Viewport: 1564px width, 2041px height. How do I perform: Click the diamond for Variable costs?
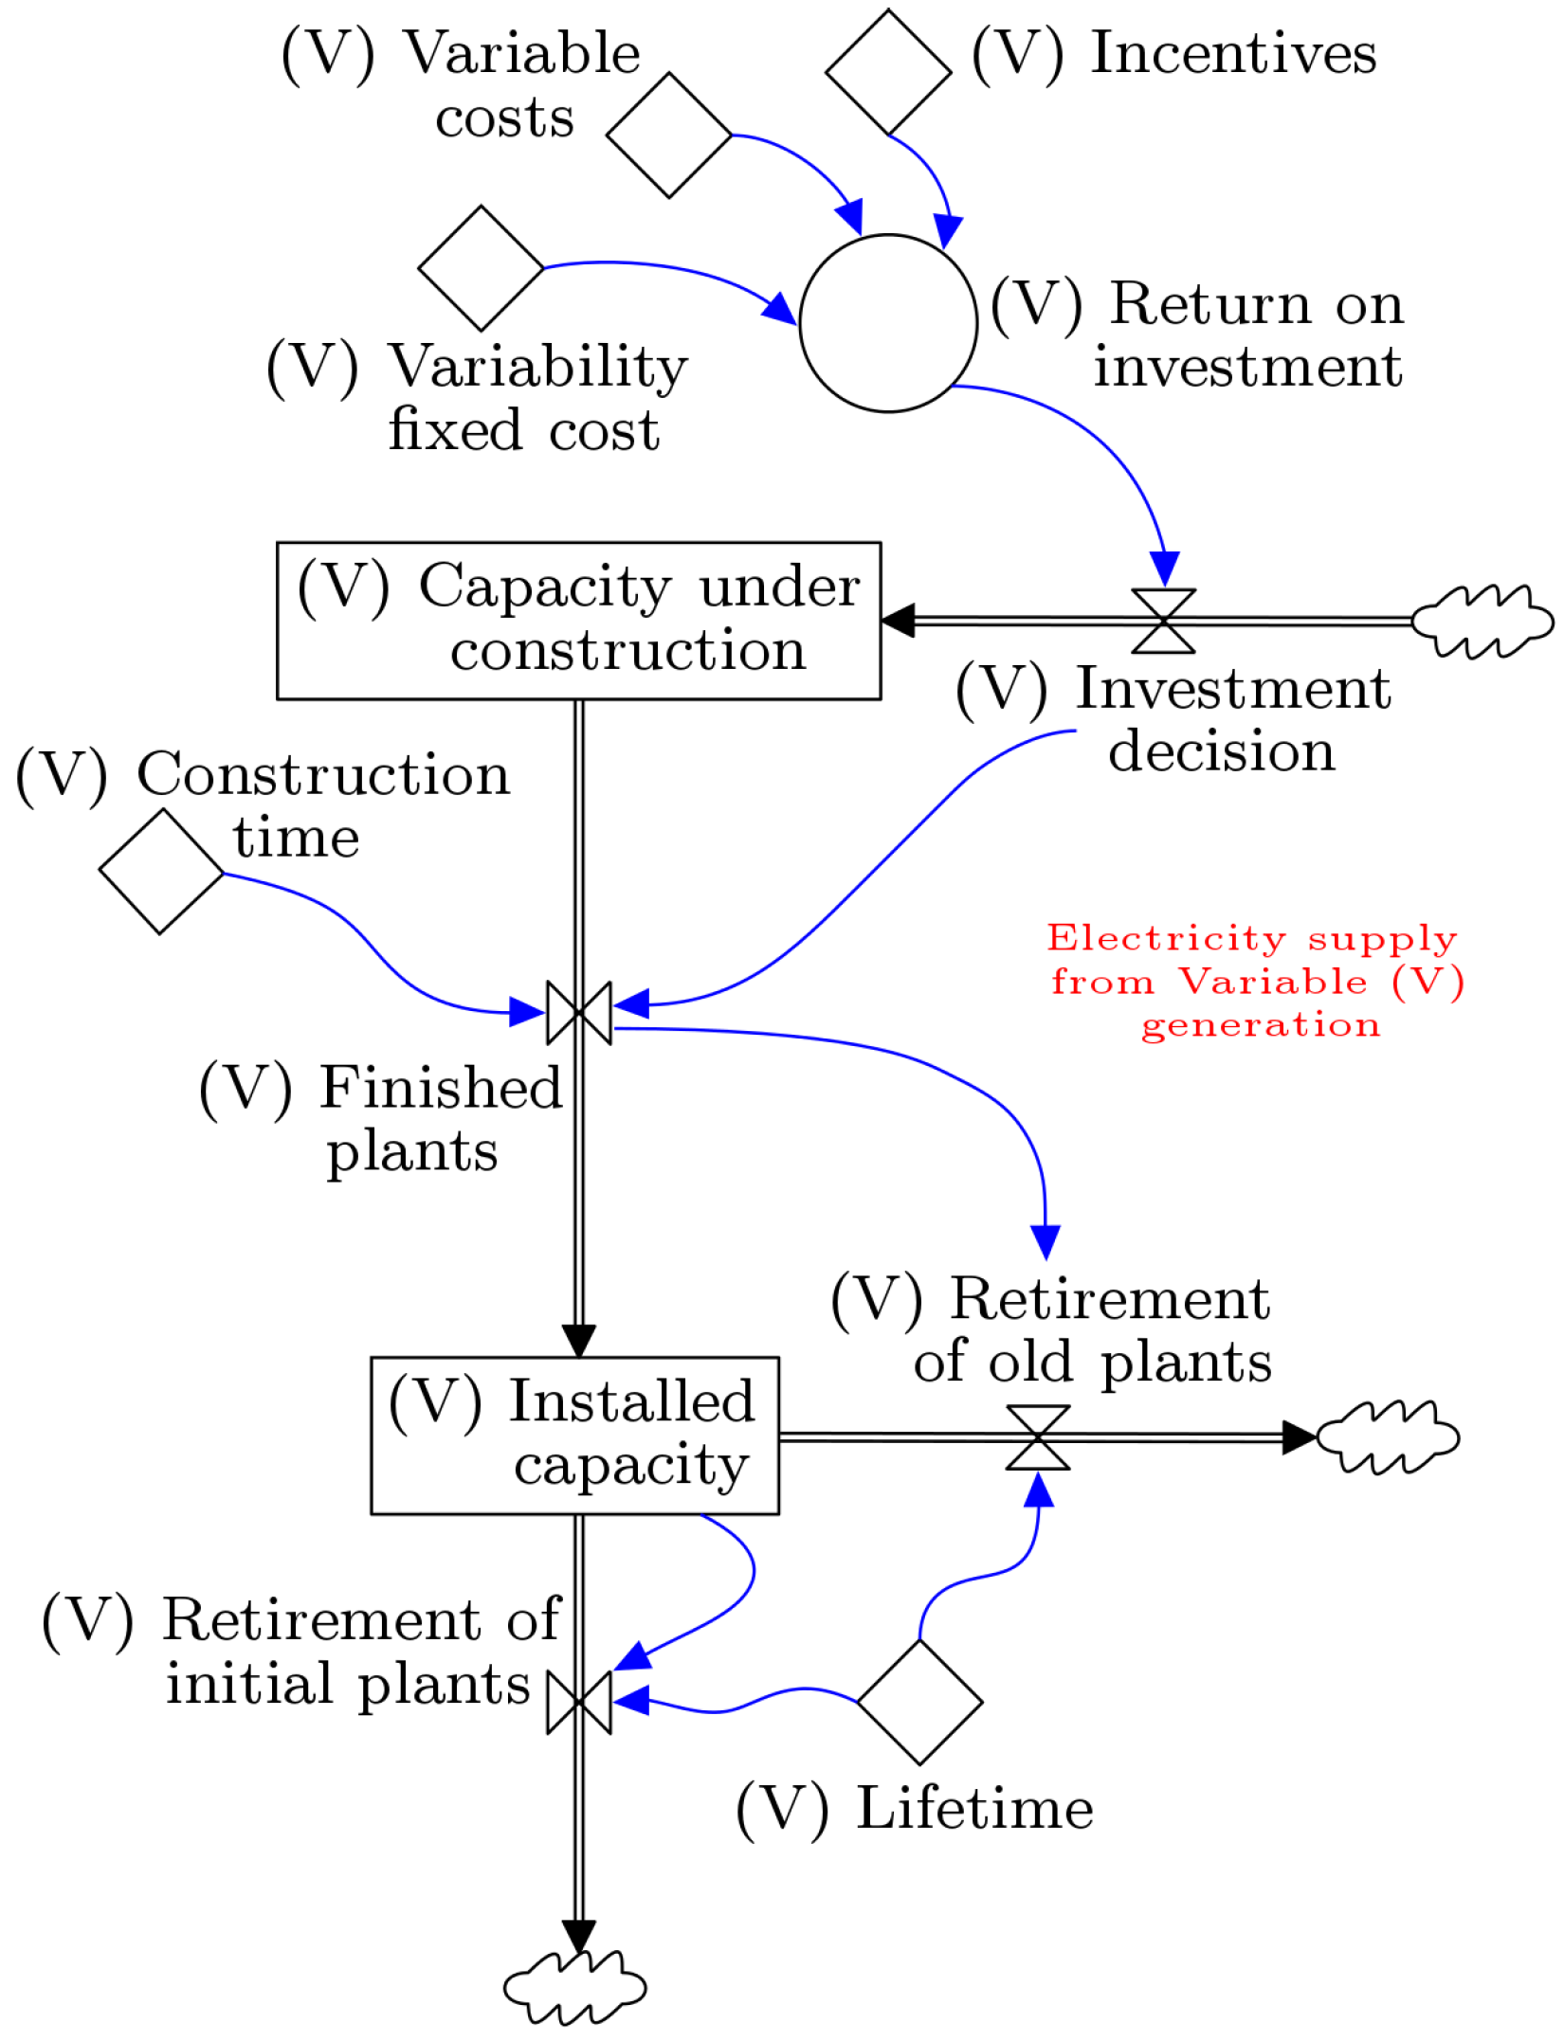click(x=668, y=135)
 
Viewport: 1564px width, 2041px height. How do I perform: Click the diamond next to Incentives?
click(x=888, y=72)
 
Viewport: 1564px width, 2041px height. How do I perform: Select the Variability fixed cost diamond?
click(x=481, y=268)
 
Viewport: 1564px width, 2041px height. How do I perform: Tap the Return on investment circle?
click(x=888, y=323)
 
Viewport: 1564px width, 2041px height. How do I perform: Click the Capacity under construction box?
click(x=578, y=621)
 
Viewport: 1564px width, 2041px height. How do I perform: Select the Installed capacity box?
click(x=574, y=1436)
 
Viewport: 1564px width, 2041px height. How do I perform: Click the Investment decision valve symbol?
click(x=1163, y=622)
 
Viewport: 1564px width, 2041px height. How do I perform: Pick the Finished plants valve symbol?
click(x=579, y=1013)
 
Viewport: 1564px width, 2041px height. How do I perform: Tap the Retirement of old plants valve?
click(x=1038, y=1437)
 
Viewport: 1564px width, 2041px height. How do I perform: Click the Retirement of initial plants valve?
click(x=579, y=1703)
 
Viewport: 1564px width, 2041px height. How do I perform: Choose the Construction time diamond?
click(x=161, y=872)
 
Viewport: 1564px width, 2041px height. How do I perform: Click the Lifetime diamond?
click(x=919, y=1702)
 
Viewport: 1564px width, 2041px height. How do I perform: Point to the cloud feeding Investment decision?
click(x=1482, y=622)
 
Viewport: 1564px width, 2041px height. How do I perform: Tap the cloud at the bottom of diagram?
click(x=574, y=1987)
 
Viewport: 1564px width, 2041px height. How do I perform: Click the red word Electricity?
click(x=1166, y=938)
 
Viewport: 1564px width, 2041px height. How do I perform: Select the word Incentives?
click(x=1233, y=53)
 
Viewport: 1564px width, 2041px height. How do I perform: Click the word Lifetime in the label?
click(x=974, y=1808)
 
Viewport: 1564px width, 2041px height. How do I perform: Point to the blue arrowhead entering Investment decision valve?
click(x=1164, y=568)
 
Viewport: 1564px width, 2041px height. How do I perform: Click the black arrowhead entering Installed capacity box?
click(x=579, y=1340)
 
